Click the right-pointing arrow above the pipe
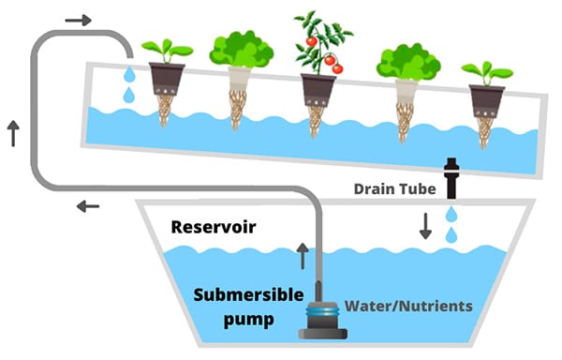(81, 20)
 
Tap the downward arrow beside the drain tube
(426, 226)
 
